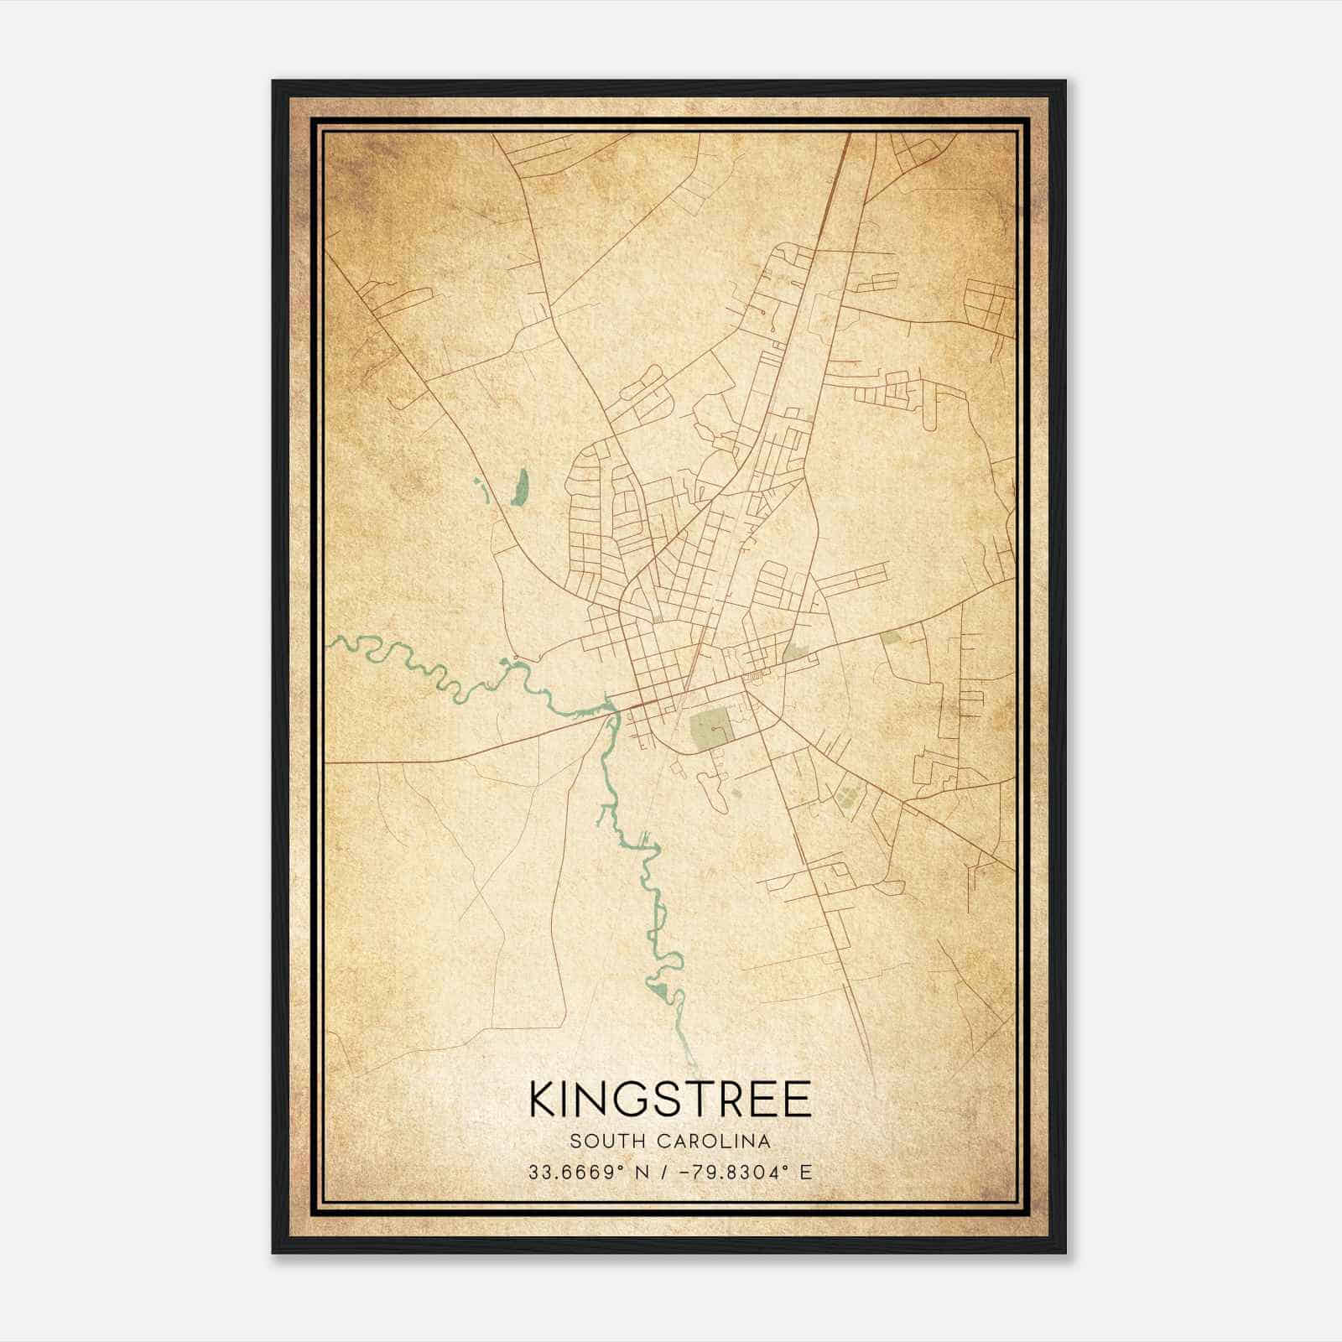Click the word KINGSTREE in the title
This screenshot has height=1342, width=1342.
[x=670, y=1100]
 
